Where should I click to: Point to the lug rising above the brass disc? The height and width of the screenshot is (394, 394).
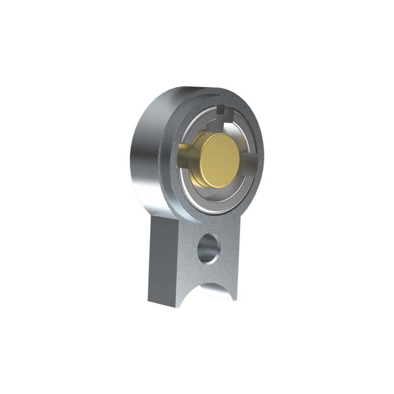227,122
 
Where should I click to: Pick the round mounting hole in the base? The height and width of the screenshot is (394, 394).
209,248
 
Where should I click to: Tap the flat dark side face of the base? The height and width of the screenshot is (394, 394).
163,261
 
